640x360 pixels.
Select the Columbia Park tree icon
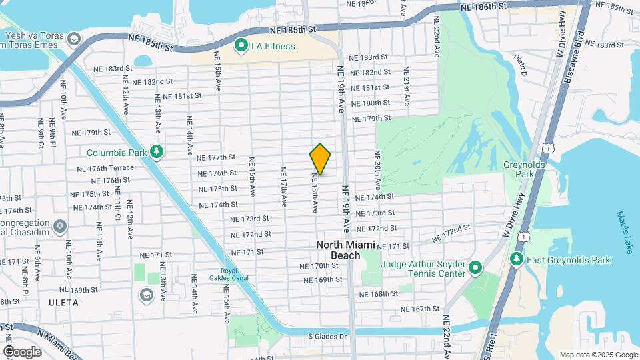(157, 152)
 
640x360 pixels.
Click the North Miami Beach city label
(346, 250)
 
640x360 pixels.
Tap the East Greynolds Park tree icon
(515, 259)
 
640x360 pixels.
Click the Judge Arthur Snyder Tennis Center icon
(475, 268)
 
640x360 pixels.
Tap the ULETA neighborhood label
(64, 303)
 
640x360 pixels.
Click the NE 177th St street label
(217, 158)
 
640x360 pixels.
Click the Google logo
(23, 351)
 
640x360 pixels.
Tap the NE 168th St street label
(378, 293)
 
